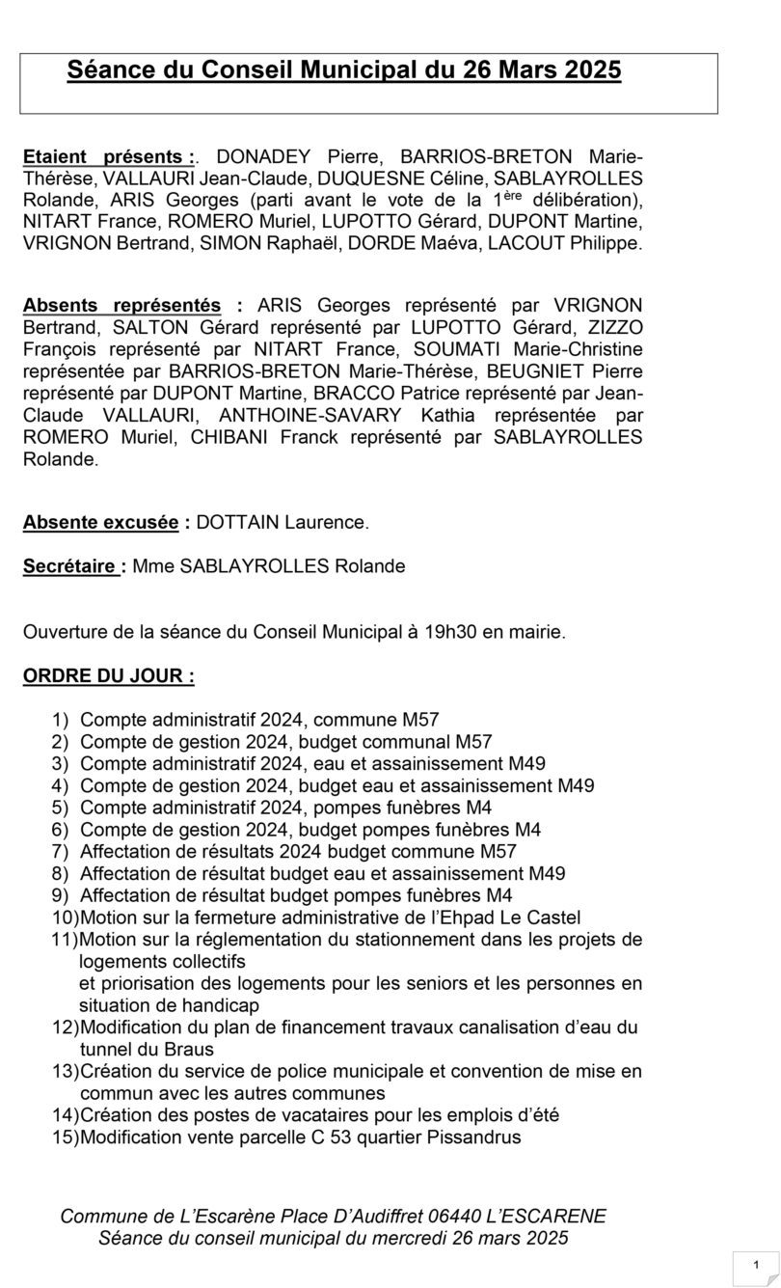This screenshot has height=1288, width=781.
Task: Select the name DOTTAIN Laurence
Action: pos(282,523)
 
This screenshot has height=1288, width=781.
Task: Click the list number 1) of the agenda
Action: pos(61,719)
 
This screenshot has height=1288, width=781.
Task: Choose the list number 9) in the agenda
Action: pos(61,895)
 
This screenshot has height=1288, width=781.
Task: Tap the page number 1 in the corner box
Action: pos(756,1265)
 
